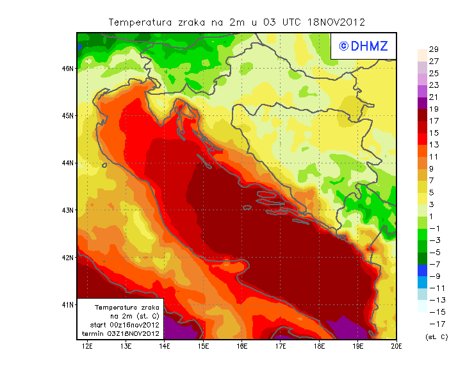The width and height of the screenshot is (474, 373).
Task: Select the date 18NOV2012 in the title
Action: pos(337,22)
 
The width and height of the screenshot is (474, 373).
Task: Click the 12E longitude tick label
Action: pos(87,347)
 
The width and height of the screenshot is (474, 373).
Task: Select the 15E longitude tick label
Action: pos(203,347)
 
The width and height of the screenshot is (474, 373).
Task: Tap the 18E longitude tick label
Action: pos(319,347)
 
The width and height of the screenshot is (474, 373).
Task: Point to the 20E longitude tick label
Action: pos(396,347)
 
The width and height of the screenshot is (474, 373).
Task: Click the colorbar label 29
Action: pos(433,49)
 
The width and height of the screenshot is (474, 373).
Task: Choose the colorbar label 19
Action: pos(433,109)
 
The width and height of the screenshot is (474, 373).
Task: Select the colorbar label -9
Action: pos(433,276)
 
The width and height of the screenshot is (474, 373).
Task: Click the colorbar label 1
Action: pos(433,216)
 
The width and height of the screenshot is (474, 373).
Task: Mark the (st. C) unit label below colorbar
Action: pos(436,336)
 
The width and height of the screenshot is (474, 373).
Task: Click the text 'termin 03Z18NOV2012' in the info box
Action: pos(124,333)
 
